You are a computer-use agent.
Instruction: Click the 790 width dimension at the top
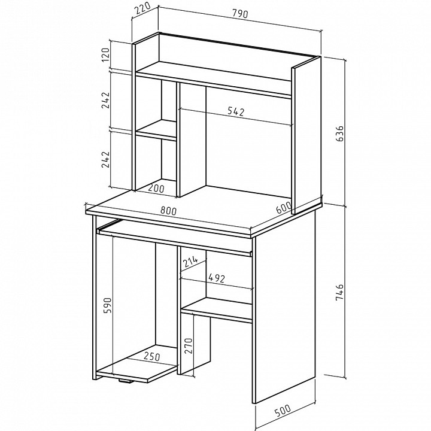point(240,13)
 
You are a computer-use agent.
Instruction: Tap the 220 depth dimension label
point(143,8)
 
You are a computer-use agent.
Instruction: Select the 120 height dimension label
point(106,54)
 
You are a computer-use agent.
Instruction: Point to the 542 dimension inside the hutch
point(236,111)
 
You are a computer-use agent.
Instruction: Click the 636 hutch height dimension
point(340,133)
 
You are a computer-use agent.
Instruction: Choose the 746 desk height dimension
point(340,293)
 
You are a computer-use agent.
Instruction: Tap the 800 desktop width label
point(168,211)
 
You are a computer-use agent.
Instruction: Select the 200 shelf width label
point(156,189)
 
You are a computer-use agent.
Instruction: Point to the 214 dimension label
point(190,262)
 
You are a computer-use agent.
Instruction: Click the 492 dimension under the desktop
point(217,278)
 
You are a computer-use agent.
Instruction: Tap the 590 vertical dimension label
point(107,305)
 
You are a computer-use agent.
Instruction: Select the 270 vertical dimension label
point(189,346)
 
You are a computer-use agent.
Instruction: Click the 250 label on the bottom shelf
point(151,356)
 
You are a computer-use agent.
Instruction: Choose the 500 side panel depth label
point(283,411)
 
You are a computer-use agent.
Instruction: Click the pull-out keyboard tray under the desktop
point(175,238)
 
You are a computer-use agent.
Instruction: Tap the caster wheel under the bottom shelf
point(126,381)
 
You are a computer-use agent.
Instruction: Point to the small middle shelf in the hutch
point(156,130)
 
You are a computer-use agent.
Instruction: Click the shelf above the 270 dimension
point(217,310)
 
